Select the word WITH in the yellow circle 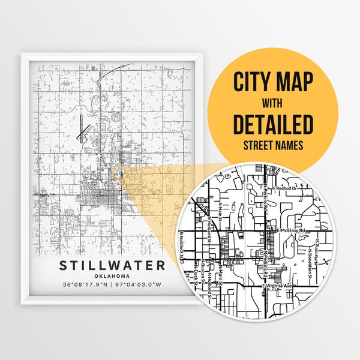coord(273,103)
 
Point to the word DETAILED coord(273,125)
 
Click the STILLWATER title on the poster coord(112,266)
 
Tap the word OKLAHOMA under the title coord(112,277)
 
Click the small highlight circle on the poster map coord(119,174)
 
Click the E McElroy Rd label coord(292,230)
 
